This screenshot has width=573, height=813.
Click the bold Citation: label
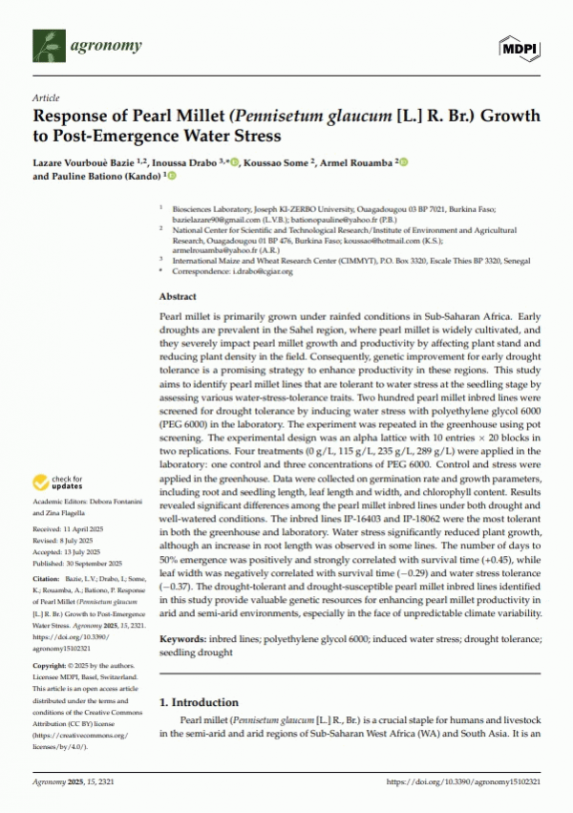point(50,577)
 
